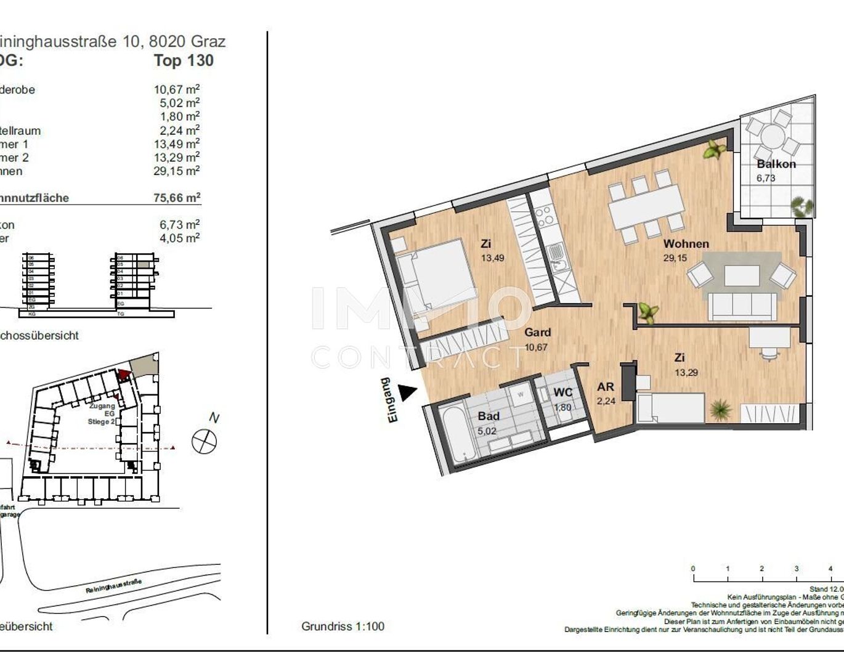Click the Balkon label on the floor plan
point(776,164)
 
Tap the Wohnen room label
point(686,244)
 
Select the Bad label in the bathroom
point(489,416)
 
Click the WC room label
point(562,393)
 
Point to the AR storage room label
point(605,387)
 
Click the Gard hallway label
point(537,333)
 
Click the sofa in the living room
point(742,304)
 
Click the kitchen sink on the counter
point(557,253)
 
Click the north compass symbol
point(205,441)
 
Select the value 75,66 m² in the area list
point(177,198)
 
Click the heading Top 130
point(184,60)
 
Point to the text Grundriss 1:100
point(343,627)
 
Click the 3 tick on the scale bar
point(796,569)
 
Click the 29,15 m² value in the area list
point(176,171)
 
